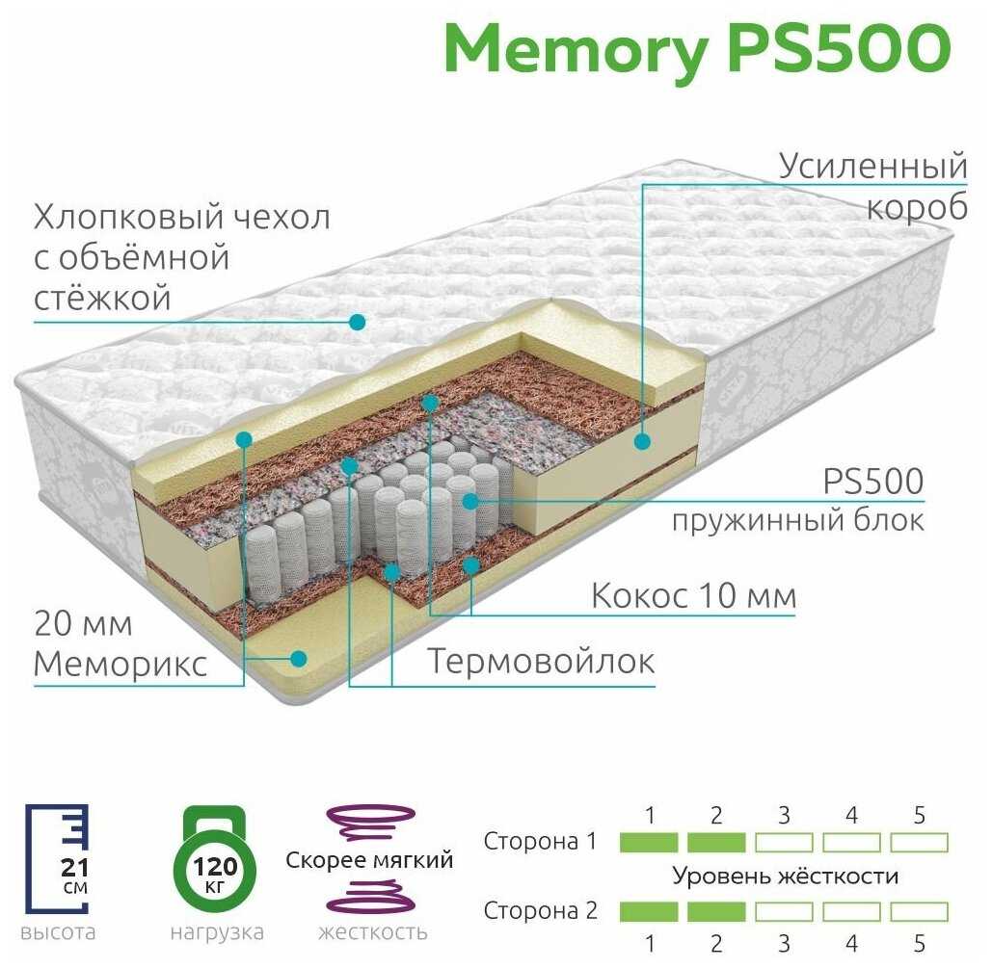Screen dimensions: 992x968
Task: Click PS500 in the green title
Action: point(840,48)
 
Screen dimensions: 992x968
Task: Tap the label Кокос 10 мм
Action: point(693,595)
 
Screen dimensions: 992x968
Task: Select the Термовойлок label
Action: point(541,662)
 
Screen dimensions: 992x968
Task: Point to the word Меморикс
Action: point(121,664)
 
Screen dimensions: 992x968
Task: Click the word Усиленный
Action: point(872,167)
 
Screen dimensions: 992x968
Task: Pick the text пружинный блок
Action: point(798,521)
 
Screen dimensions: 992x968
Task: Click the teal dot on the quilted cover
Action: point(358,322)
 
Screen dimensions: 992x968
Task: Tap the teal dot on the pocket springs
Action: point(470,502)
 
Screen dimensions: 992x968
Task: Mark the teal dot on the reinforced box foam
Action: point(642,441)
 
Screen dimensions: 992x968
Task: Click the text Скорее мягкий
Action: point(369,860)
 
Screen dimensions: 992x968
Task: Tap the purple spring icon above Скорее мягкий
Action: point(371,822)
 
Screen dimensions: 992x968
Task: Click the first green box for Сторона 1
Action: point(649,842)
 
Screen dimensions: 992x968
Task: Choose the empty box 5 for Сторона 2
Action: point(920,911)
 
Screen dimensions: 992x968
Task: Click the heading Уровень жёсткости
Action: point(785,876)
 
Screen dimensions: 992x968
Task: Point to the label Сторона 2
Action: point(540,910)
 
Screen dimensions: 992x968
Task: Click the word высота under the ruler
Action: point(58,932)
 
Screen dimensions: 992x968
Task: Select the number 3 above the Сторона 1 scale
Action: point(784,815)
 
